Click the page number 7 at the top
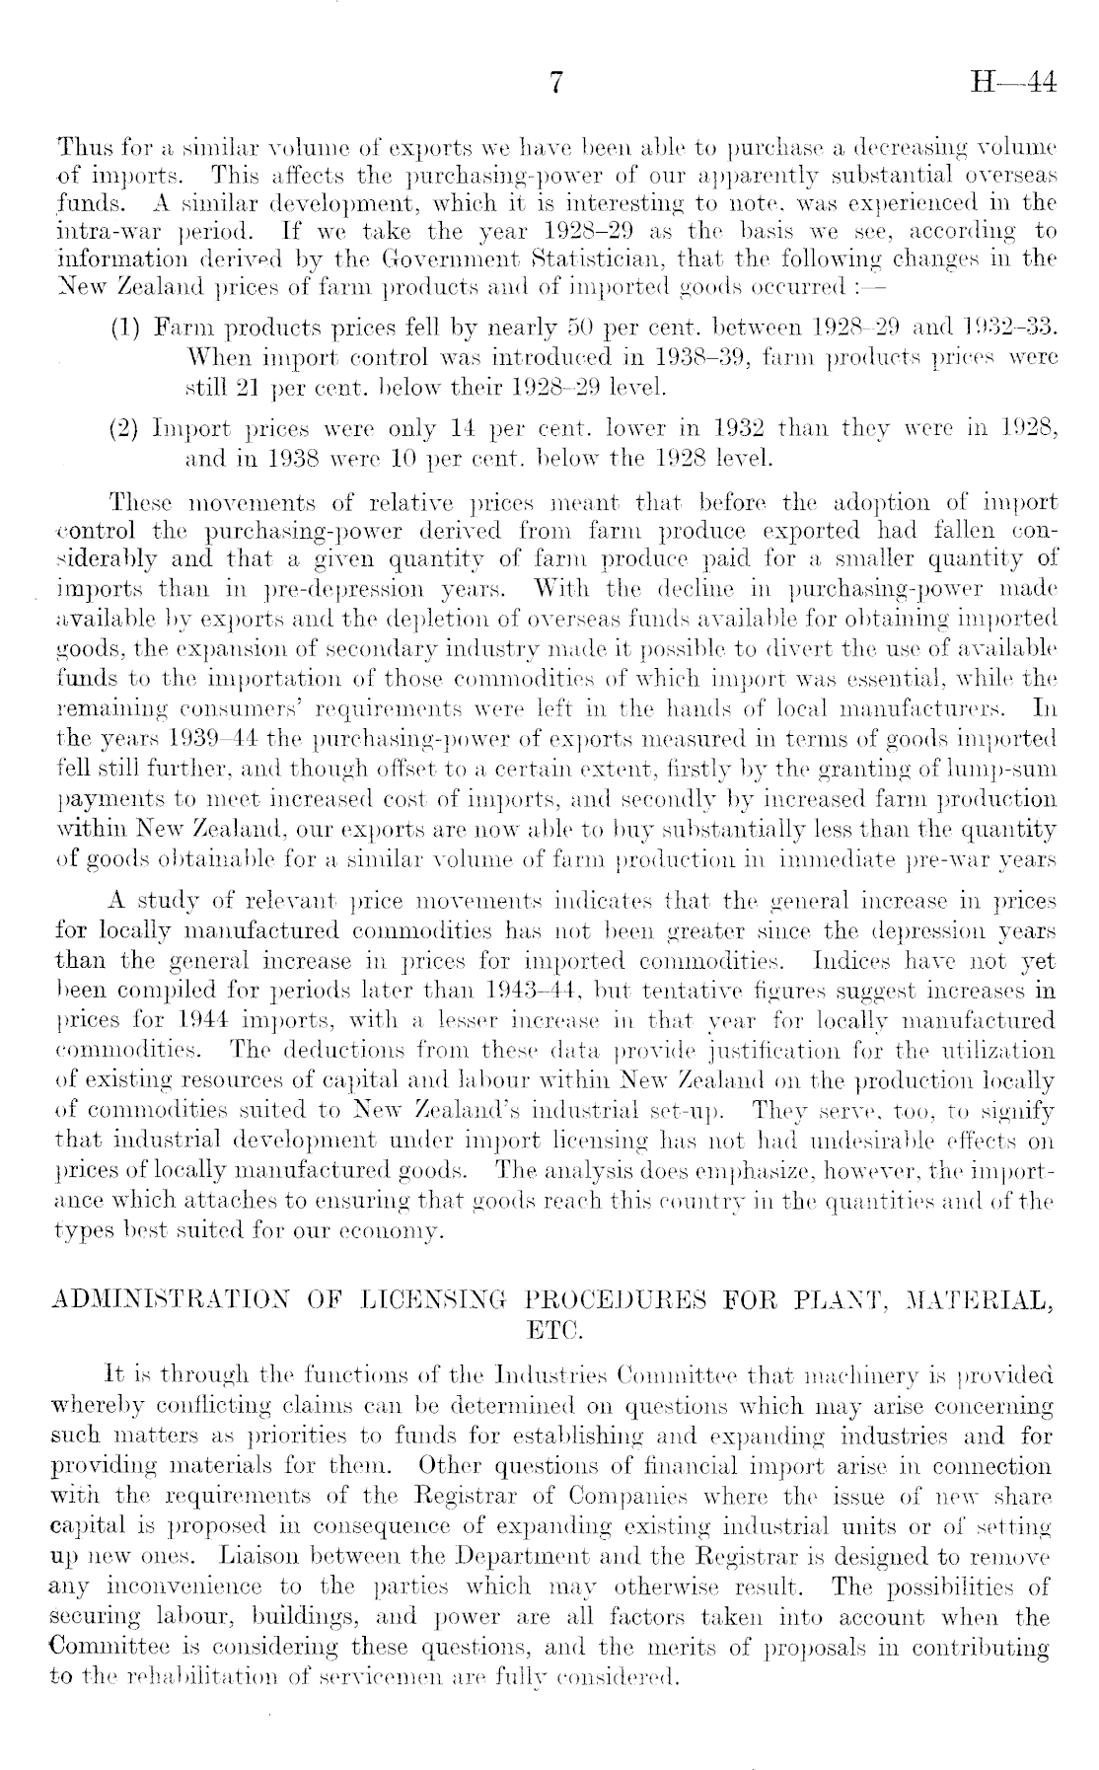(x=555, y=85)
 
